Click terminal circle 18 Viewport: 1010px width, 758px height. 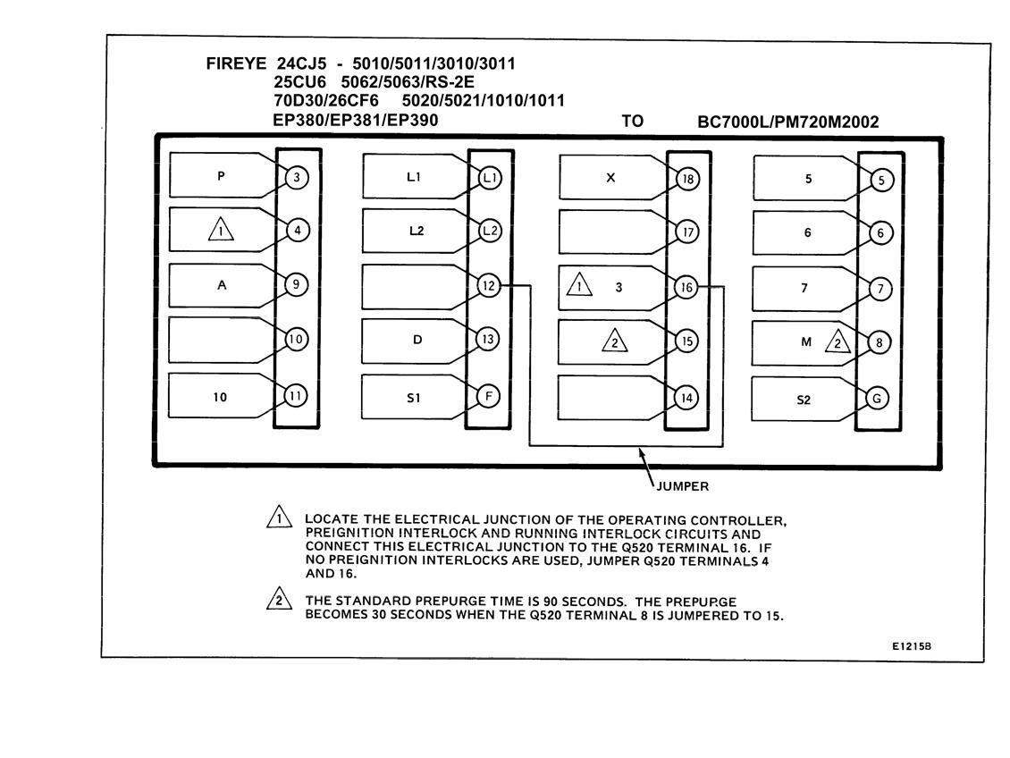(x=687, y=179)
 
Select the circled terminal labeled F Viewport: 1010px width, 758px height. (x=488, y=396)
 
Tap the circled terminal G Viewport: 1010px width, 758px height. (x=877, y=399)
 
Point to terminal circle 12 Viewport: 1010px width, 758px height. (x=489, y=285)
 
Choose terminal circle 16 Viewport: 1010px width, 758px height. (x=686, y=287)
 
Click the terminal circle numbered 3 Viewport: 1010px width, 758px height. (x=297, y=177)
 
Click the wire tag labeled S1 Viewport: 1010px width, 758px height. (x=415, y=398)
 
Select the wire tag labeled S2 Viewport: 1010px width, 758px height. (x=804, y=400)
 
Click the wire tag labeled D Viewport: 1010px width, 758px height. (x=416, y=340)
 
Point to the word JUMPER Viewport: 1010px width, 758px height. (x=683, y=486)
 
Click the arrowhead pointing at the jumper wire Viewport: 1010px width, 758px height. (x=642, y=452)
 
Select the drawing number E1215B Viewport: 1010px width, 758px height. (x=912, y=646)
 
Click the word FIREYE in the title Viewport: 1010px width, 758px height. (x=236, y=63)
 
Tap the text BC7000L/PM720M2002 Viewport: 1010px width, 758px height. (x=787, y=122)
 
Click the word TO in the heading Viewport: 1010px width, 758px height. (x=633, y=121)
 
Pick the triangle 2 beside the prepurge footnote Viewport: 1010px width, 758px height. (x=279, y=599)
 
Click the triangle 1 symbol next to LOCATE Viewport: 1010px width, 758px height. (x=279, y=517)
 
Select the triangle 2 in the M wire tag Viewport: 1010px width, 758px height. (x=837, y=342)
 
